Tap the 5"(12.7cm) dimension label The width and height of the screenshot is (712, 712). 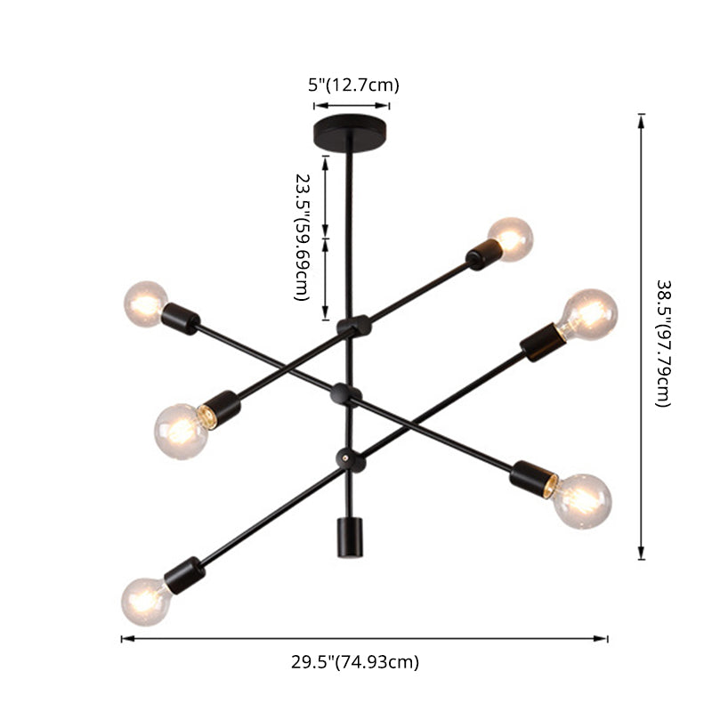click(353, 85)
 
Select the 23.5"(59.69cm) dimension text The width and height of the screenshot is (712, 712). click(303, 236)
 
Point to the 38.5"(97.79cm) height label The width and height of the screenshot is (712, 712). click(664, 344)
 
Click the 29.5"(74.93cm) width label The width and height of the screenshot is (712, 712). click(355, 661)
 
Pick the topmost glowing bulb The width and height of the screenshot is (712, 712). click(511, 238)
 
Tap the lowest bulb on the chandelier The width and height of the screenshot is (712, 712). click(144, 600)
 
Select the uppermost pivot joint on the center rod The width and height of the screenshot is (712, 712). click(352, 327)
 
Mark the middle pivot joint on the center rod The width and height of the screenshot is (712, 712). click(345, 392)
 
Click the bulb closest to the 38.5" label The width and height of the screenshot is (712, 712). click(589, 313)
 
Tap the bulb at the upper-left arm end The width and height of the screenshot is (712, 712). click(145, 303)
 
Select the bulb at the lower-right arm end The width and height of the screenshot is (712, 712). click(582, 500)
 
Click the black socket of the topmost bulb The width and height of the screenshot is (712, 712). click(483, 255)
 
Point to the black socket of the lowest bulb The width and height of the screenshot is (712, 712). click(185, 574)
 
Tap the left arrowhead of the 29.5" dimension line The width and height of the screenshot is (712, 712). click(125, 638)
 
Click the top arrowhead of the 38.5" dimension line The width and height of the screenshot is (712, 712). click(641, 117)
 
